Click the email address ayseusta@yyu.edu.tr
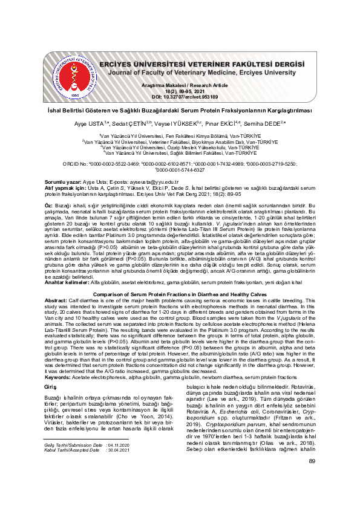(152, 182)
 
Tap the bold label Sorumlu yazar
(65, 182)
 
